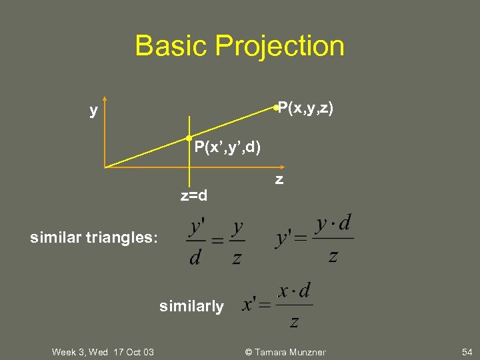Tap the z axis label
coord(279,179)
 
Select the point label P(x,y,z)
coord(306,107)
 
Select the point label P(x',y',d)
coord(227,147)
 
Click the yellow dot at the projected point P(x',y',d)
coord(189,138)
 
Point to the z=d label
coord(193,196)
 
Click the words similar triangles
coord(94,237)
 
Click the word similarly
coord(191,306)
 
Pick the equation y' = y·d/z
coord(314,239)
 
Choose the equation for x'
coord(277,306)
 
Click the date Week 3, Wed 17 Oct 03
coord(103,352)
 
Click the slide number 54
coord(465,352)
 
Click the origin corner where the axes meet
coord(105,167)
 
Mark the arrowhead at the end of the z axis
coord(282,167)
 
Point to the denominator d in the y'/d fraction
coord(195,257)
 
